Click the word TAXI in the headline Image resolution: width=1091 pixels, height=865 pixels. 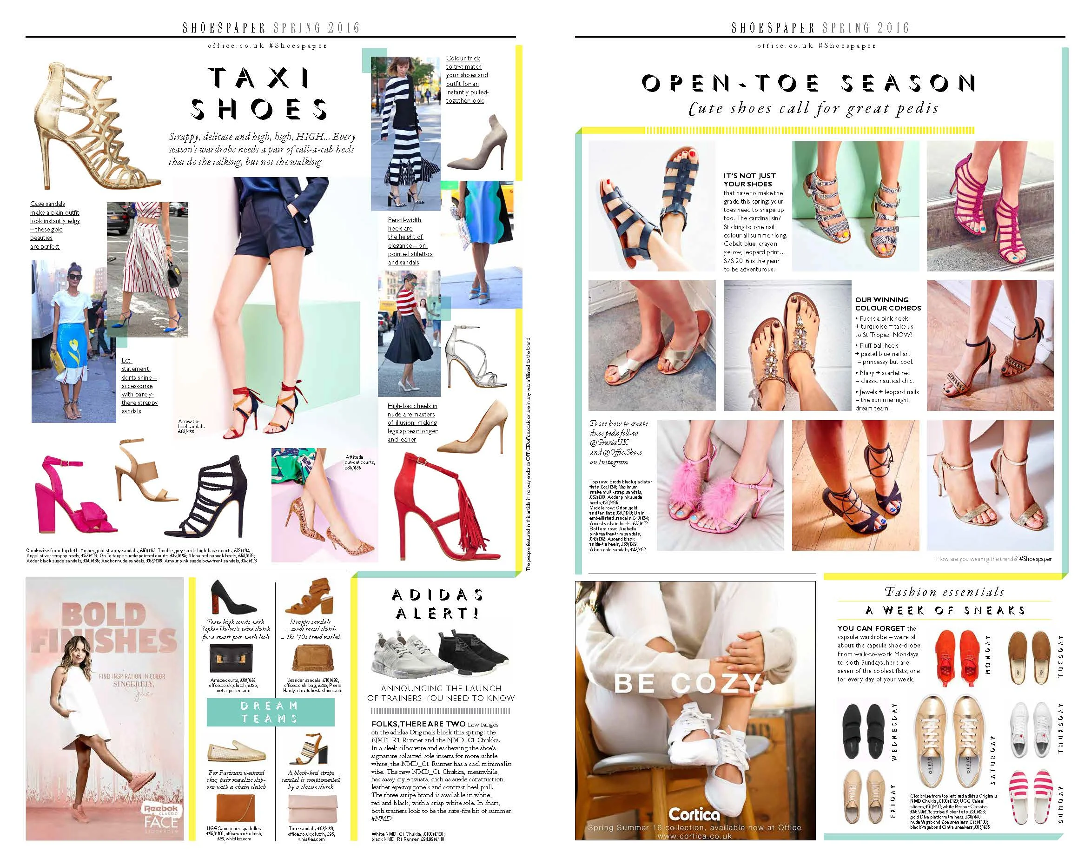(x=259, y=79)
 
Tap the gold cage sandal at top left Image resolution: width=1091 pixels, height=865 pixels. (x=91, y=126)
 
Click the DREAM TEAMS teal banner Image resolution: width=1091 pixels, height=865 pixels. (x=270, y=712)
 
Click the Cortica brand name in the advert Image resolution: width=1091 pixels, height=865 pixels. (x=694, y=814)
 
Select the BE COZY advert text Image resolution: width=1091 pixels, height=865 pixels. (x=687, y=684)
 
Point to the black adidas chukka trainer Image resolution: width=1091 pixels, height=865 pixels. (x=474, y=655)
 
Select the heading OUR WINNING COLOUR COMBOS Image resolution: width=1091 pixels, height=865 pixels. (x=888, y=304)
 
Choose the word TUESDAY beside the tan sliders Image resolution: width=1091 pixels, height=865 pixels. (x=1061, y=656)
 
